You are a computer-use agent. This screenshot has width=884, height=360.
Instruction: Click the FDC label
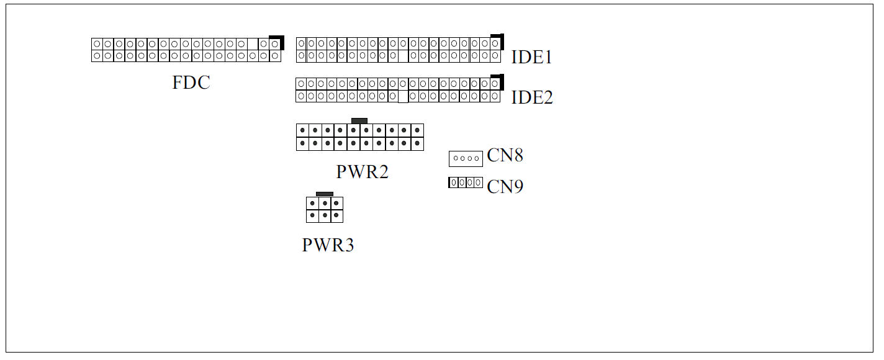coord(191,83)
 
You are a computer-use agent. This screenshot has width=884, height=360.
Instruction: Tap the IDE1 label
coord(531,57)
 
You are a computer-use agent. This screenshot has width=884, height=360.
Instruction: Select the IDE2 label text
coord(532,97)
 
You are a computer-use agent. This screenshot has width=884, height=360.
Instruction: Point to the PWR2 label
coord(363,172)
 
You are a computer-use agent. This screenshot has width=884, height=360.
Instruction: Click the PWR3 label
coord(328,245)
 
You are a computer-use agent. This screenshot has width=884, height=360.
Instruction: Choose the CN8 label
coord(505,155)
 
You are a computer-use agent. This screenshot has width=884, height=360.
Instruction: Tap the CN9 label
coord(505,187)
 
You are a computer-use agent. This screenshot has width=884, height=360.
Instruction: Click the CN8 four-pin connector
coord(466,159)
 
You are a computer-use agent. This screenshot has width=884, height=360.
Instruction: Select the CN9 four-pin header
coord(466,182)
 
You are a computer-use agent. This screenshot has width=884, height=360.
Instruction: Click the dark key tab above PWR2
coord(359,121)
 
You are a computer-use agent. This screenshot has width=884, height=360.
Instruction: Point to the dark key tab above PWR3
coord(325,194)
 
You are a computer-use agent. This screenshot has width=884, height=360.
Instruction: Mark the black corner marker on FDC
coord(277,43)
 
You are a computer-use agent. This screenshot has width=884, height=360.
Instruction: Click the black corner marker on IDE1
coord(497,42)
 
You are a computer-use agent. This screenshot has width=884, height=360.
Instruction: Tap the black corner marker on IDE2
coord(497,82)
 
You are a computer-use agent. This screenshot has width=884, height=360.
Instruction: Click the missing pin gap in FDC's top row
coord(253,44)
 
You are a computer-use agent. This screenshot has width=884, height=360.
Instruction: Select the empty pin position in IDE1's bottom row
coord(403,56)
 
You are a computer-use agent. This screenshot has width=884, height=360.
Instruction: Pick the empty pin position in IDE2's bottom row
coord(403,96)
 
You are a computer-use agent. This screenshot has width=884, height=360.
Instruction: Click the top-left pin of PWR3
coord(312,204)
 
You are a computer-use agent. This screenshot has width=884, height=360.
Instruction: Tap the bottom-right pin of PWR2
coord(417,143)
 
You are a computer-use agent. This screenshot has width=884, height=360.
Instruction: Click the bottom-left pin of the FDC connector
coord(97,56)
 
